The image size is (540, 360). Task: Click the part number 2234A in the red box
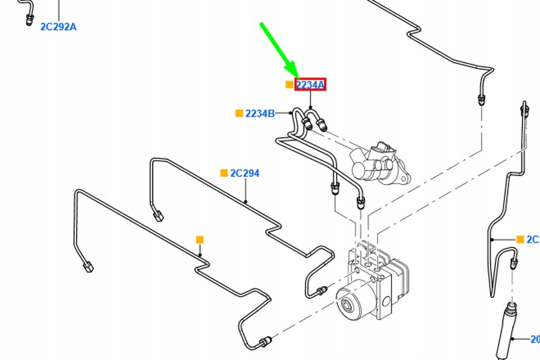310,84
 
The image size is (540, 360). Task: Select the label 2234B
259,113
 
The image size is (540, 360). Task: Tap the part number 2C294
245,173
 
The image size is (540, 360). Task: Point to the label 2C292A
58,26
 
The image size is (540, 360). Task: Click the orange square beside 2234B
239,113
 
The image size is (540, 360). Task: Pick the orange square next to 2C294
224,173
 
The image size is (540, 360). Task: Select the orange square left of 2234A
289,84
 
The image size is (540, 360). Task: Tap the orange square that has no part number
199,240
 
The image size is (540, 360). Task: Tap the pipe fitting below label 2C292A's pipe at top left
30,20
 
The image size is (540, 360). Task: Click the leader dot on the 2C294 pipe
246,202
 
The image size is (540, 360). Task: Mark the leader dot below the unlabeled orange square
200,256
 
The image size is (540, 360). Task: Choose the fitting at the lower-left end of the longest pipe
88,267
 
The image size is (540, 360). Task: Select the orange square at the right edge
520,239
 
